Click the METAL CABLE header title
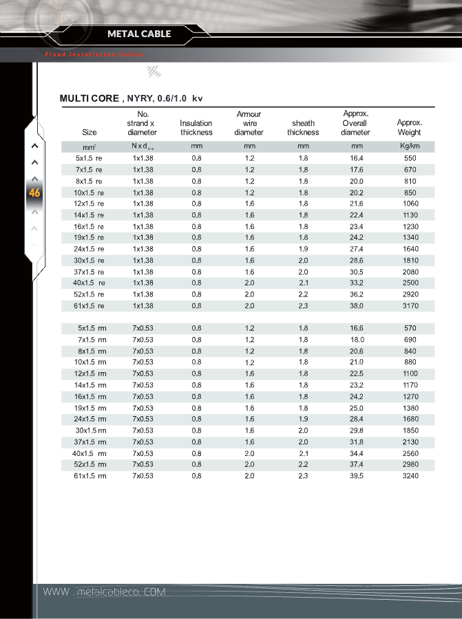pyautogui.click(x=139, y=34)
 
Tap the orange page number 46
pyautogui.click(x=34, y=193)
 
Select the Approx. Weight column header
pyautogui.click(x=410, y=127)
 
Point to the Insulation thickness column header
pyautogui.click(x=196, y=127)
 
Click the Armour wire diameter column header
pyautogui.click(x=249, y=123)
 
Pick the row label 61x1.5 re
pyautogui.click(x=89, y=305)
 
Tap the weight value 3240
pyautogui.click(x=410, y=475)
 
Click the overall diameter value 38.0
pyautogui.click(x=356, y=305)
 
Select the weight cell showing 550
pyautogui.click(x=410, y=158)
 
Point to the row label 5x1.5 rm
pyautogui.click(x=92, y=328)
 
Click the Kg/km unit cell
pyautogui.click(x=410, y=146)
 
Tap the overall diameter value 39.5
pyautogui.click(x=356, y=475)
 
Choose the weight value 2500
pyautogui.click(x=410, y=283)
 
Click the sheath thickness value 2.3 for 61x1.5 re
pyautogui.click(x=303, y=305)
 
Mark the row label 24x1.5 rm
pyautogui.click(x=90, y=419)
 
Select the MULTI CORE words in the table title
pyautogui.click(x=89, y=98)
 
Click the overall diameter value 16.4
pyautogui.click(x=356, y=158)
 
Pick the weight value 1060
pyautogui.click(x=410, y=204)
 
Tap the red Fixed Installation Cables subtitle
pyautogui.click(x=89, y=54)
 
